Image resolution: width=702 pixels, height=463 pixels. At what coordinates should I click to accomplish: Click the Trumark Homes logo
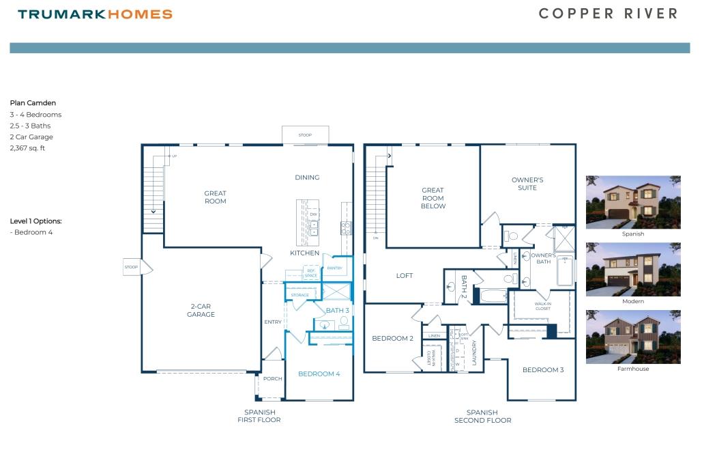tap(95, 14)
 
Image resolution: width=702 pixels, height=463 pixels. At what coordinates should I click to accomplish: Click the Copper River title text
tap(609, 14)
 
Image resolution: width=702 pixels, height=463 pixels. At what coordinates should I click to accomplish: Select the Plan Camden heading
tap(33, 103)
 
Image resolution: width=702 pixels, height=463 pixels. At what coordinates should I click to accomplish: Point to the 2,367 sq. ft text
tap(27, 148)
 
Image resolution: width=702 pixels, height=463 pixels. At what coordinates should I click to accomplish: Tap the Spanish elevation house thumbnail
tap(633, 202)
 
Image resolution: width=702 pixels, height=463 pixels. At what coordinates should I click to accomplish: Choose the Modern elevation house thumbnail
tap(633, 269)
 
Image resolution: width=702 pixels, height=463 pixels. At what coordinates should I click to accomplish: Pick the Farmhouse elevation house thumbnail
tap(633, 337)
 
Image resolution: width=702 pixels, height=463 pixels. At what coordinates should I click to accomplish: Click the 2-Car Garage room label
tap(201, 311)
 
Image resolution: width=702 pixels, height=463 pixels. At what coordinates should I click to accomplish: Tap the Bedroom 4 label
tap(319, 374)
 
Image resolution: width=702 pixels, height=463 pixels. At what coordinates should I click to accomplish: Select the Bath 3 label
tap(337, 311)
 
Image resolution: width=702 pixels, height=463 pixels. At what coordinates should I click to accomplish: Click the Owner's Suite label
tap(527, 184)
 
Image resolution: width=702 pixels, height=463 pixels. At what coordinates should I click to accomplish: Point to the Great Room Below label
tap(433, 198)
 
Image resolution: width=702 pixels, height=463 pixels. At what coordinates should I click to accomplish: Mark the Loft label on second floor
tap(405, 276)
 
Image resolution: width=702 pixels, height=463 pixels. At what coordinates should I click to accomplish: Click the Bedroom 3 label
tap(543, 370)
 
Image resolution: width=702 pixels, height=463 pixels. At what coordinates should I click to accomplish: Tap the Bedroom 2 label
tap(392, 339)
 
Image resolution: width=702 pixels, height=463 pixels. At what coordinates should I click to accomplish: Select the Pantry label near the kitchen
tap(334, 268)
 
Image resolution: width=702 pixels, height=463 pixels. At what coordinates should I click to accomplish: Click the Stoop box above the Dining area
tap(305, 135)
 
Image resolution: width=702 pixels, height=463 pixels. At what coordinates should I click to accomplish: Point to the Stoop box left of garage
tap(132, 267)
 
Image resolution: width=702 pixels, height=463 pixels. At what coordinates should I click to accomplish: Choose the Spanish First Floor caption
tap(260, 416)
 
